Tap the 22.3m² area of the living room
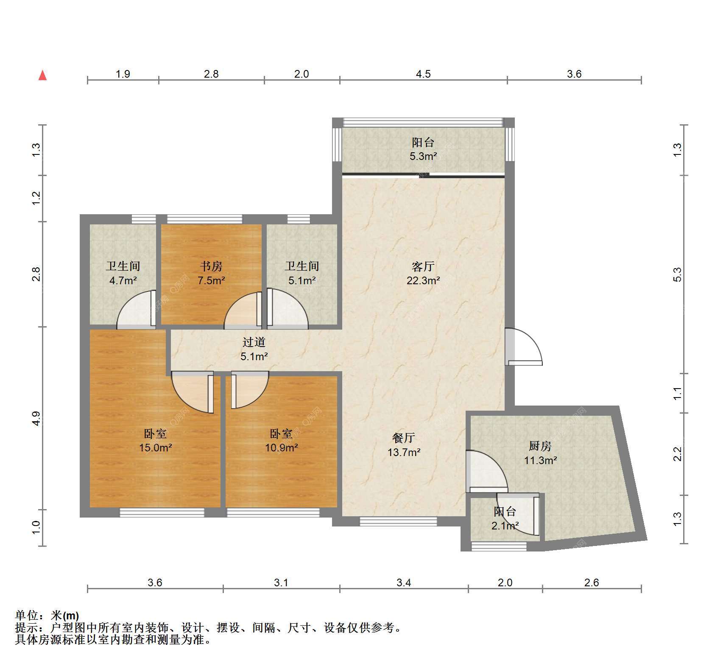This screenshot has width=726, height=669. click(423, 280)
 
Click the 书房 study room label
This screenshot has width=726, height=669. click(211, 266)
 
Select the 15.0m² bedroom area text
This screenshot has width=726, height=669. click(156, 448)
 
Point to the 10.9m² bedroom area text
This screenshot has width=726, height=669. click(282, 448)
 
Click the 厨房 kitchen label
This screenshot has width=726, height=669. click(540, 446)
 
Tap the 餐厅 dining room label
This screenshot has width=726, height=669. click(403, 438)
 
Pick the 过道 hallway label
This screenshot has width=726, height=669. click(254, 342)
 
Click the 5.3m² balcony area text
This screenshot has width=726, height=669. click(423, 157)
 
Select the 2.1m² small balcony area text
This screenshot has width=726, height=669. click(505, 526)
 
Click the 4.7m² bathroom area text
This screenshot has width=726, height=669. click(123, 280)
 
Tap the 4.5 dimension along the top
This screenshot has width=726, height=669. click(423, 74)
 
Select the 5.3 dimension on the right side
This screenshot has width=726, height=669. click(677, 274)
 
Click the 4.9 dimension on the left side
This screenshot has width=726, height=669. click(36, 418)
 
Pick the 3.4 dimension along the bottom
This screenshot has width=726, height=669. click(404, 583)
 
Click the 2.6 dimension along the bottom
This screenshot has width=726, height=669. click(592, 583)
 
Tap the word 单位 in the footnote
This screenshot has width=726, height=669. click(26, 616)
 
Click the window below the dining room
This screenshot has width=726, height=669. click(398, 521)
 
